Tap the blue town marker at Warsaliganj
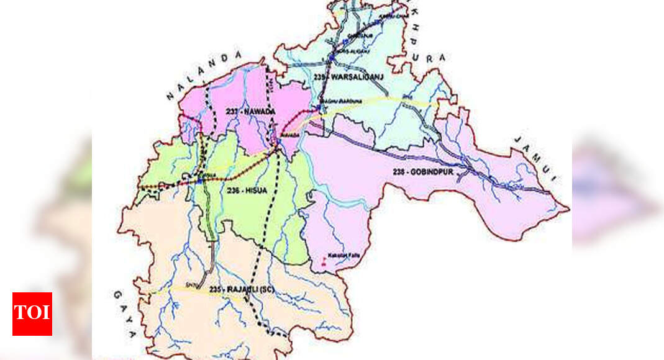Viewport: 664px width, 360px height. (332, 58)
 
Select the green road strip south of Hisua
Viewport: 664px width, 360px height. (210, 217)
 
